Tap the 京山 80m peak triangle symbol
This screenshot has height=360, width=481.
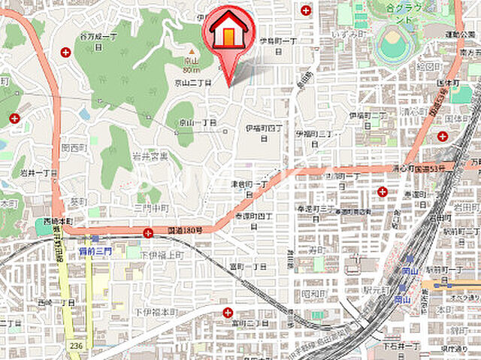(191, 51)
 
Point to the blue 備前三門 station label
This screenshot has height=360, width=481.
(94, 252)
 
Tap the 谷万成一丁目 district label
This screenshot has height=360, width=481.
(98, 41)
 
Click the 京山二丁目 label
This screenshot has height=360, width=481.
(193, 83)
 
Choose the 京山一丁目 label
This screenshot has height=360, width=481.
(197, 123)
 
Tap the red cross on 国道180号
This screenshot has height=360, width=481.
(148, 233)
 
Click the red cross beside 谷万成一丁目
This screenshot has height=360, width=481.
(66, 52)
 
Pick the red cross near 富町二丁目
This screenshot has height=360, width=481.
(228, 311)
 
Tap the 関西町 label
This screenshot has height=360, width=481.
(75, 148)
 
